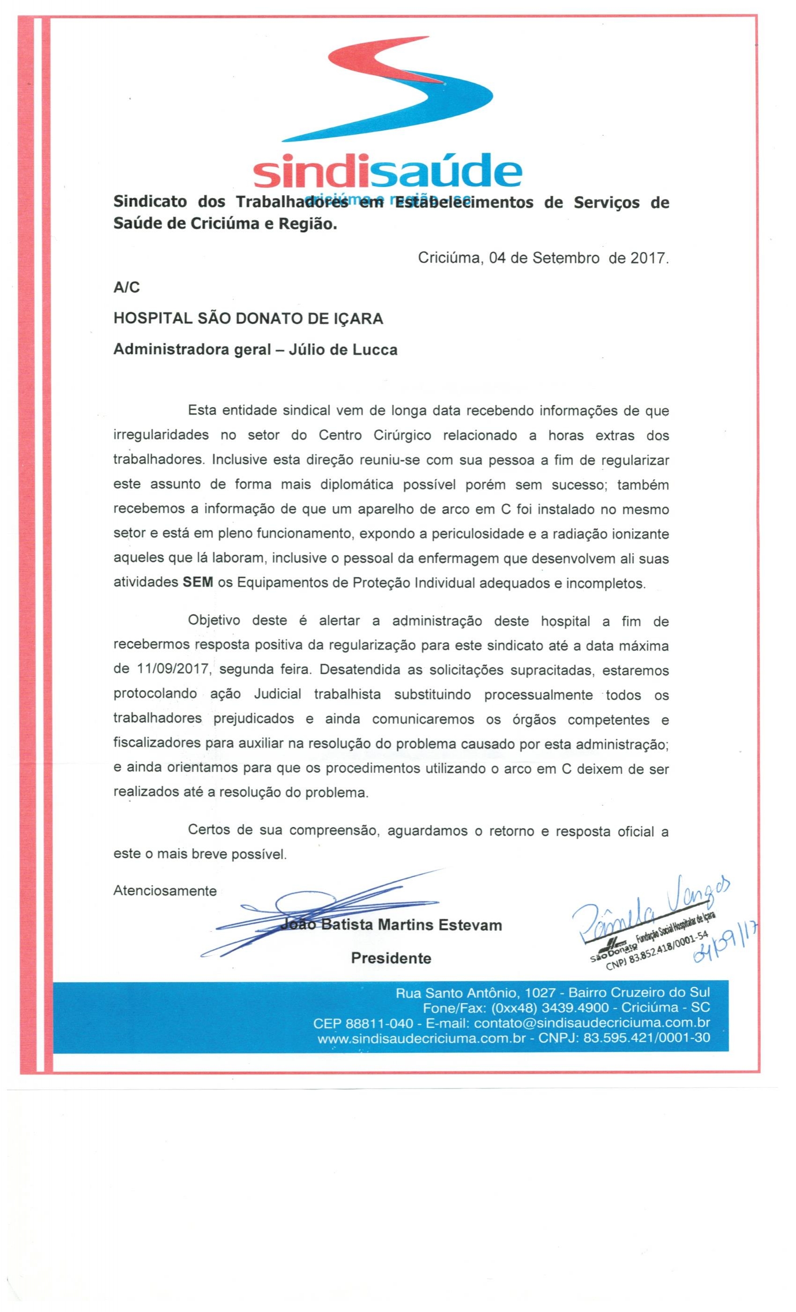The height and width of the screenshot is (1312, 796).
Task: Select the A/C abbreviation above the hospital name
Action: tap(126, 288)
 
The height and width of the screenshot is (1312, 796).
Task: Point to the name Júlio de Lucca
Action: tap(342, 350)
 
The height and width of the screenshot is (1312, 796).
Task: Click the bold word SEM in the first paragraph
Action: tap(198, 582)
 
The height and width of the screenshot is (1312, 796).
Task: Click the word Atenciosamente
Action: tap(164, 891)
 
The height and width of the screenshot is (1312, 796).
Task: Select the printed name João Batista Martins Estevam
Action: tap(391, 925)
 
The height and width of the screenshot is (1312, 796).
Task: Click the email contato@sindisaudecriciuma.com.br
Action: tap(592, 1023)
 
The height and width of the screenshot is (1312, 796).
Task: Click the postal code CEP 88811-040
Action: tap(363, 1023)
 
